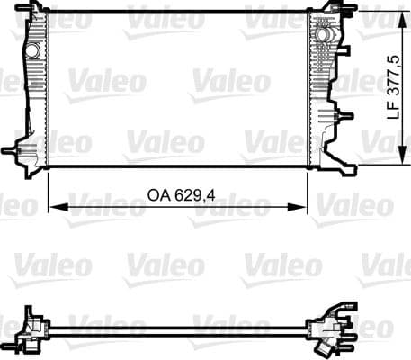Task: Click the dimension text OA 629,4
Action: (176, 193)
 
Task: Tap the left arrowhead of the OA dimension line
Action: (52, 207)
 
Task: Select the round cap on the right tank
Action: (321, 33)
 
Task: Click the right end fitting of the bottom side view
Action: (326, 326)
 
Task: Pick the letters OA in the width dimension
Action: (159, 193)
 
